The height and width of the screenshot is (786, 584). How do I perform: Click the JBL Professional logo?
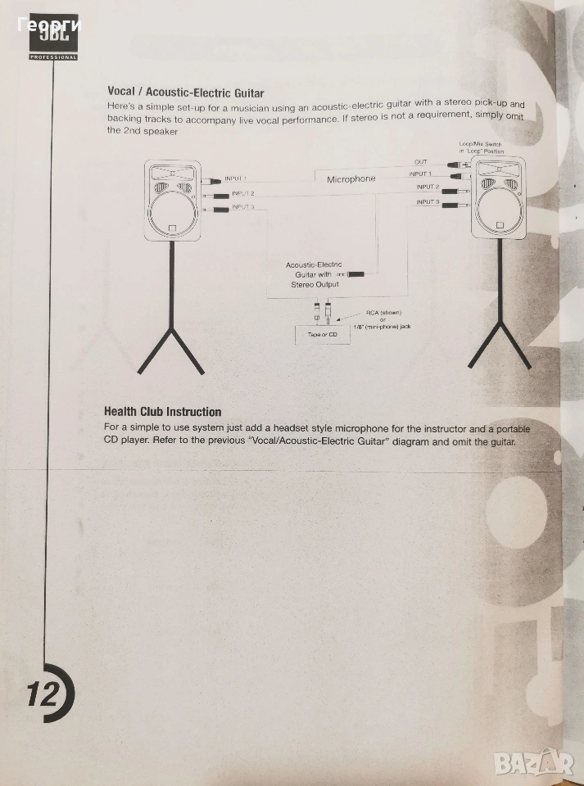pyautogui.click(x=53, y=37)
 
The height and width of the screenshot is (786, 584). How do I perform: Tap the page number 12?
pyautogui.click(x=43, y=693)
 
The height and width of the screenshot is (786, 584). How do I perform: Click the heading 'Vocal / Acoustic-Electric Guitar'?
pyautogui.click(x=185, y=93)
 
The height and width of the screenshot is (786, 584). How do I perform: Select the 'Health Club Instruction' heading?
pyautogui.click(x=162, y=412)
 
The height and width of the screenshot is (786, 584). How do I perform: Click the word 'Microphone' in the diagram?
pyautogui.click(x=351, y=179)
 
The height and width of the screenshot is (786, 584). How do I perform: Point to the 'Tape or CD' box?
pyautogui.click(x=322, y=334)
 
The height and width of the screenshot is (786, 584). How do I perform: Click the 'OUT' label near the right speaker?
pyautogui.click(x=420, y=162)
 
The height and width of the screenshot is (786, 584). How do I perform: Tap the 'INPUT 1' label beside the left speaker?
pyautogui.click(x=236, y=178)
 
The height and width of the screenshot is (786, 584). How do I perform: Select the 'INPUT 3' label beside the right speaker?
pyautogui.click(x=428, y=202)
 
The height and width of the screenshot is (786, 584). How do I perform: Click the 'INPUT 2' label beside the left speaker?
pyautogui.click(x=243, y=193)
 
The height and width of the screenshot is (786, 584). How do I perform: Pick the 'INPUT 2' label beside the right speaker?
pyautogui.click(x=428, y=187)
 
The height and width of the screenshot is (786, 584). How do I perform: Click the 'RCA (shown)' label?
pyautogui.click(x=383, y=313)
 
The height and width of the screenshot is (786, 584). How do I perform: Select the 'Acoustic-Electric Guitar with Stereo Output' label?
pyautogui.click(x=315, y=274)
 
